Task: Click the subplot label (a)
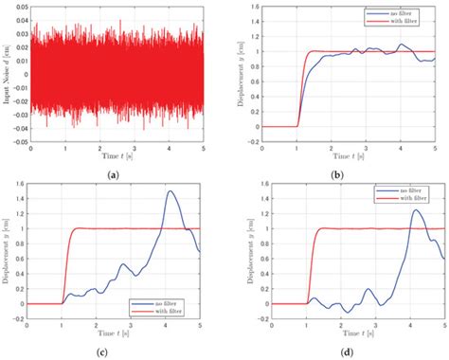pos(115,174)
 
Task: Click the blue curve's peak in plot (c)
pos(171,191)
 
